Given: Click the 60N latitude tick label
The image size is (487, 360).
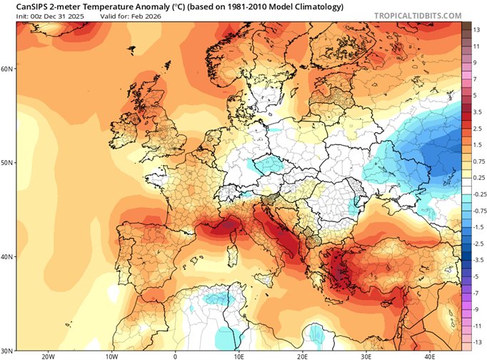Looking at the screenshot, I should coord(8,69).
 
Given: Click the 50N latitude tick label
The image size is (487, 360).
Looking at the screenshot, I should coord(8,163).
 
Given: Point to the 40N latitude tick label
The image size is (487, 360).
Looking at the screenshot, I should coord(8,256).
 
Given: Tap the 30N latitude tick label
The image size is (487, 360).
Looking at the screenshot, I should coord(8,350).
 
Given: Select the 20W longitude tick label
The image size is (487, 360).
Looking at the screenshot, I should coord(48,355).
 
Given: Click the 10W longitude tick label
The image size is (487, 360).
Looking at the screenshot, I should coord(111,355).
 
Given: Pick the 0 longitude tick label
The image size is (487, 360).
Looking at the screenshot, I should coord(175,355).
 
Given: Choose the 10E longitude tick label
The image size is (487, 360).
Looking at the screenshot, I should coord(239,355).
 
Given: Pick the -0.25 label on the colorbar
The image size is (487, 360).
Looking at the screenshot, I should coord(479,194).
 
